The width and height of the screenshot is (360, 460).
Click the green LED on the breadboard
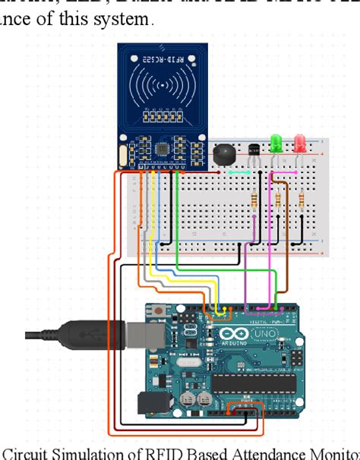tap(276, 142)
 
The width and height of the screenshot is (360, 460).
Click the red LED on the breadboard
tap(300, 142)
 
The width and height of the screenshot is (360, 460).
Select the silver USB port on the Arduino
tap(153, 333)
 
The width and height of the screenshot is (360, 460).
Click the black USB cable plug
tap(84, 333)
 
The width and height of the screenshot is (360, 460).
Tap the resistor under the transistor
tap(254, 200)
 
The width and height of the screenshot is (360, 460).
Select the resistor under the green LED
tap(279, 200)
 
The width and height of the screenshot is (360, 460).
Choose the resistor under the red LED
tap(302, 200)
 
